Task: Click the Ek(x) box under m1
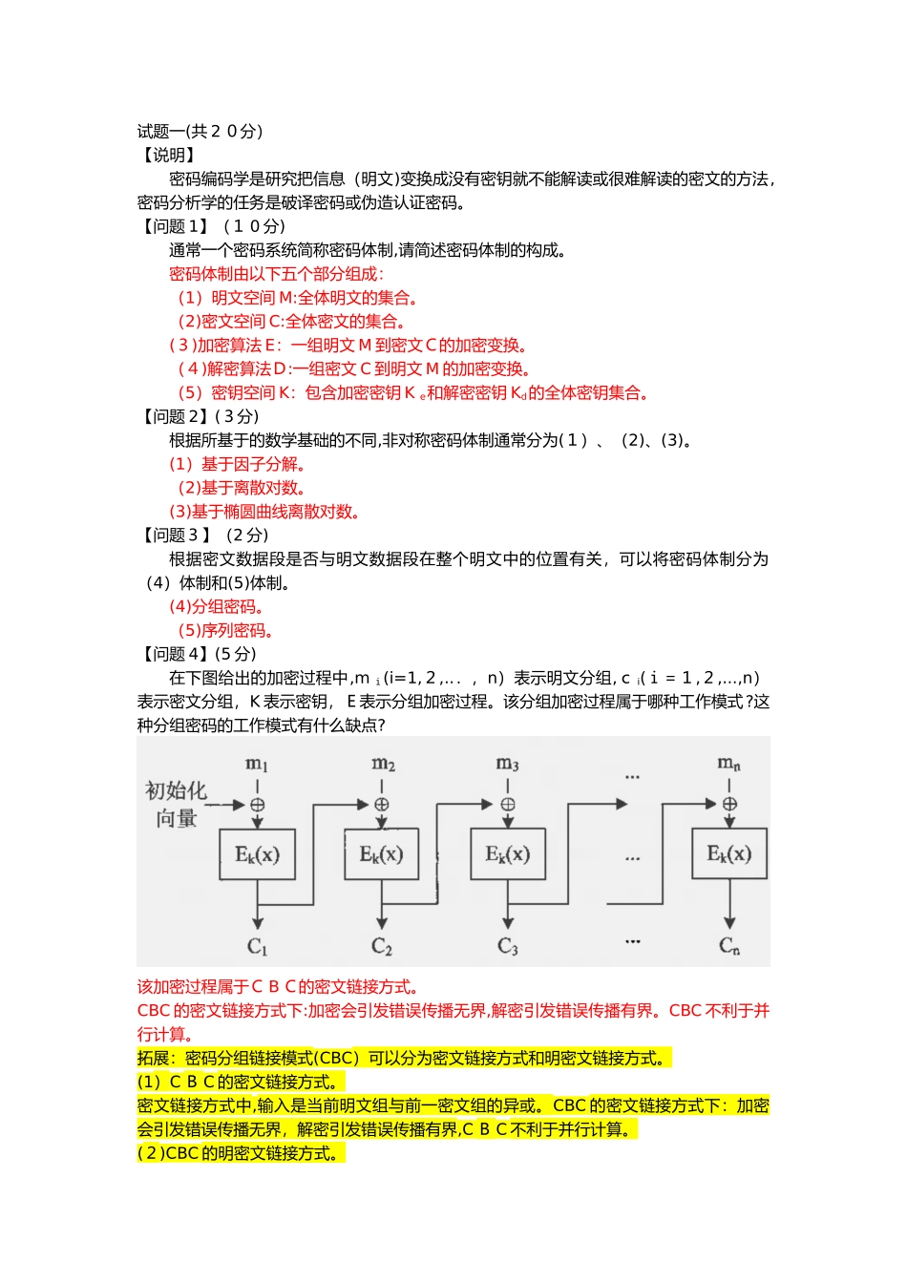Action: (x=257, y=853)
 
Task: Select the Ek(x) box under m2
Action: (x=381, y=853)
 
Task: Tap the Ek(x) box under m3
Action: (x=508, y=853)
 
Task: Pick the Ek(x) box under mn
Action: (x=729, y=853)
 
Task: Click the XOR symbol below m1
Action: (x=257, y=805)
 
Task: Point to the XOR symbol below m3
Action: (x=508, y=805)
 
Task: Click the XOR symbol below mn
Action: (x=729, y=805)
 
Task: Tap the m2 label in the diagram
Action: (x=383, y=764)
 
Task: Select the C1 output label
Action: (x=257, y=946)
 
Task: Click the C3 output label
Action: (x=508, y=946)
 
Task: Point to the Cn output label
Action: (x=729, y=946)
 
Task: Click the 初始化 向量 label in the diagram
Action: (x=176, y=804)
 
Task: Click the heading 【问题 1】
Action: (x=173, y=226)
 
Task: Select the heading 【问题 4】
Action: (x=173, y=654)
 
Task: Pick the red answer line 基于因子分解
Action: (x=238, y=464)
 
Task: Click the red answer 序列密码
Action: (x=226, y=630)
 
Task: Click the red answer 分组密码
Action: (x=217, y=606)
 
